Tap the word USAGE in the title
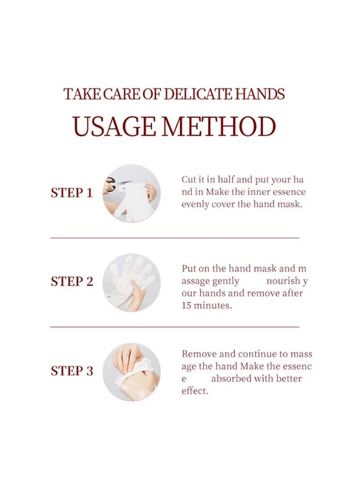(114, 126)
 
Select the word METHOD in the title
(218, 126)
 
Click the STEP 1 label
(72, 193)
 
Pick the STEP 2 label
(72, 282)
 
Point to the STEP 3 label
(72, 370)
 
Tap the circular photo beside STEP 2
(132, 283)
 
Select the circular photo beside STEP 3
(132, 372)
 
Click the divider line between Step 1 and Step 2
(175, 237)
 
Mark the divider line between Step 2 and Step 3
(175, 327)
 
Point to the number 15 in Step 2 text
(186, 306)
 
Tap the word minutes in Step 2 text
(212, 306)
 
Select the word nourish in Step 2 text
(283, 280)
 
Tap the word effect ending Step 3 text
(195, 391)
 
